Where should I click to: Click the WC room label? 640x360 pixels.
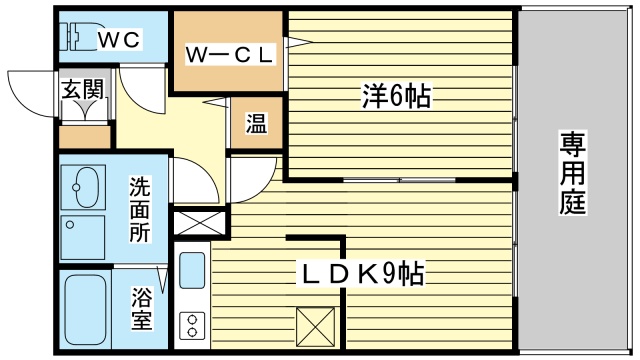[x=119, y=39]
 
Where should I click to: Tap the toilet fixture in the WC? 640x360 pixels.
[x=77, y=38]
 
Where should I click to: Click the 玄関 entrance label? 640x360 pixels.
[x=82, y=89]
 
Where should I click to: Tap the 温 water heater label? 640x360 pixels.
[x=256, y=124]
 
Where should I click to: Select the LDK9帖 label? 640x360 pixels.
[x=363, y=273]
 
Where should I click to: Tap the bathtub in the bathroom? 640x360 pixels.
[x=85, y=311]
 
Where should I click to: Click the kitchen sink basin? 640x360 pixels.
[x=192, y=270]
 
